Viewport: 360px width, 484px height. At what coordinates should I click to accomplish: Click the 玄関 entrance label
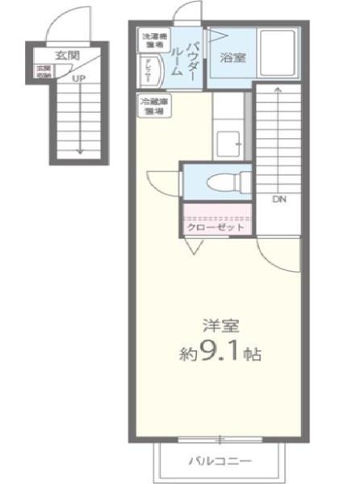click(67, 56)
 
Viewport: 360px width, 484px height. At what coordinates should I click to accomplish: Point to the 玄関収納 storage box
click(42, 72)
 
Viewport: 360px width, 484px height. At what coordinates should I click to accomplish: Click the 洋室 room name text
click(220, 326)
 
